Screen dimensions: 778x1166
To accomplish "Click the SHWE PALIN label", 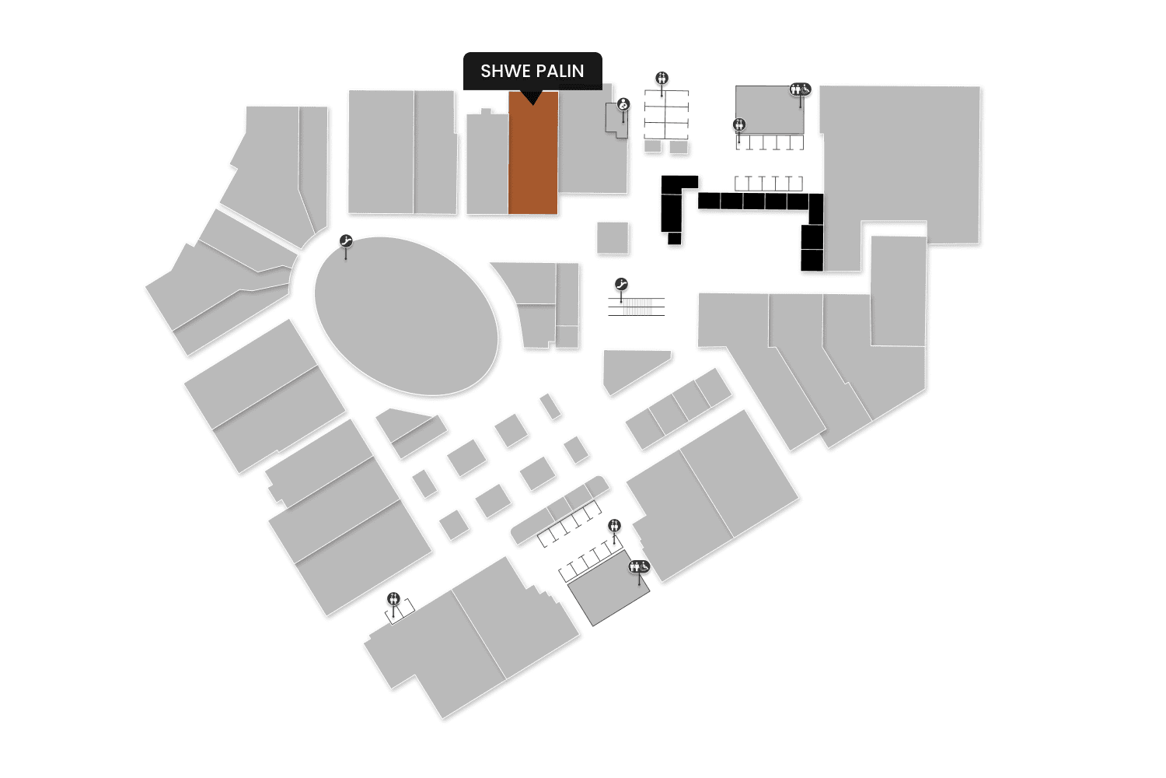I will (x=532, y=71).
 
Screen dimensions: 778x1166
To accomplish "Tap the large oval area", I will (x=406, y=316).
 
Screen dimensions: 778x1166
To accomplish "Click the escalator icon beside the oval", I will (x=347, y=242).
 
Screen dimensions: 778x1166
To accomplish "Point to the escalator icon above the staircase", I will (x=621, y=285).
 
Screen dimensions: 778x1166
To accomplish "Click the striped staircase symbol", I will (x=637, y=306).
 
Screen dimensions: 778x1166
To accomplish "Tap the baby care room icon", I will (x=623, y=104).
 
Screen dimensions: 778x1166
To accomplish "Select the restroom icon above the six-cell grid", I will (x=662, y=78).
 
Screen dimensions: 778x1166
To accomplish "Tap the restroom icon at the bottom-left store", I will (x=394, y=598).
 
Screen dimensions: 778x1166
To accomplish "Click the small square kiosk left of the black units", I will (x=613, y=237).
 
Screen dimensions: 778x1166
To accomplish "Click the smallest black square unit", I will (x=674, y=238).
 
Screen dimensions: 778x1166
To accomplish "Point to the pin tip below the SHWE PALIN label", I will (x=532, y=103).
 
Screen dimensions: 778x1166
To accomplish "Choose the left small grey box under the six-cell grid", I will (x=653, y=146).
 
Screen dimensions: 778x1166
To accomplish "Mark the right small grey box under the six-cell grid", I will (x=679, y=146).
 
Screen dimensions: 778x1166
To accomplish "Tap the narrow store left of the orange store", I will (x=487, y=165).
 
